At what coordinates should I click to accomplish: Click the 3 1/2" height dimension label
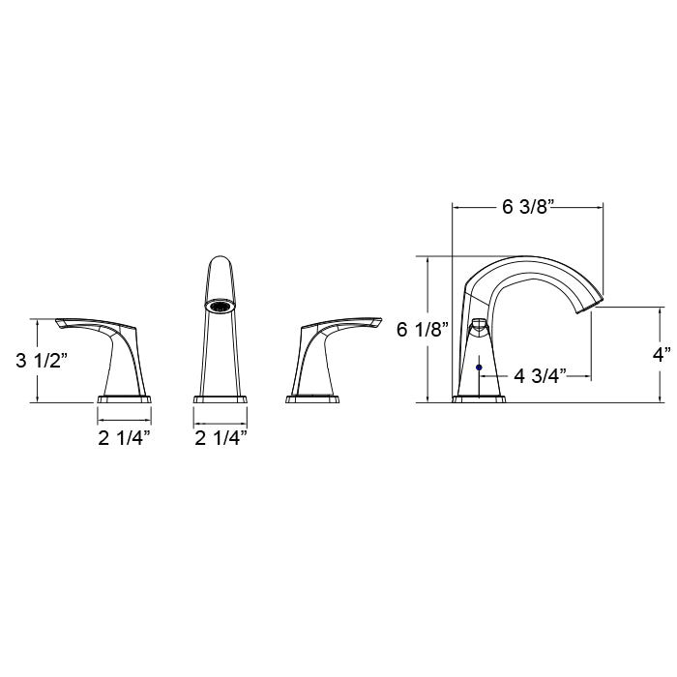pos(42,360)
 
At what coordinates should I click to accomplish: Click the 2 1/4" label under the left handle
pos(125,439)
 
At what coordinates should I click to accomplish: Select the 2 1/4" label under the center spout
pos(221,439)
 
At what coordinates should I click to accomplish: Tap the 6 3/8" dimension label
pos(528,208)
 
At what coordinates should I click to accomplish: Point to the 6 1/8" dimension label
pos(424,331)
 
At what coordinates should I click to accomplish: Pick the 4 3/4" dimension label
pos(540,376)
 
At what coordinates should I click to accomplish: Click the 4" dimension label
pos(662,355)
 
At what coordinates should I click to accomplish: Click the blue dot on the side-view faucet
pos(479,368)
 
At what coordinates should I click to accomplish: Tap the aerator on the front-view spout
pos(221,306)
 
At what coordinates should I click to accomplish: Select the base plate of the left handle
pos(125,398)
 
